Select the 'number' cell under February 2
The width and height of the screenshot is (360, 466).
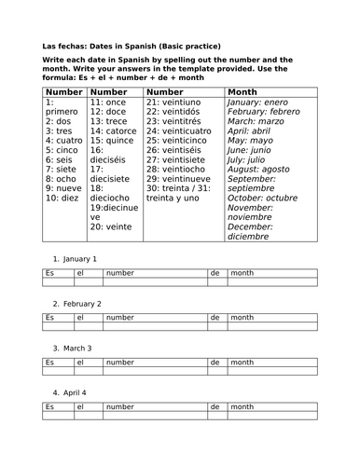(x=155, y=318)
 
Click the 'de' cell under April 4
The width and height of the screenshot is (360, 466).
(x=217, y=408)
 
